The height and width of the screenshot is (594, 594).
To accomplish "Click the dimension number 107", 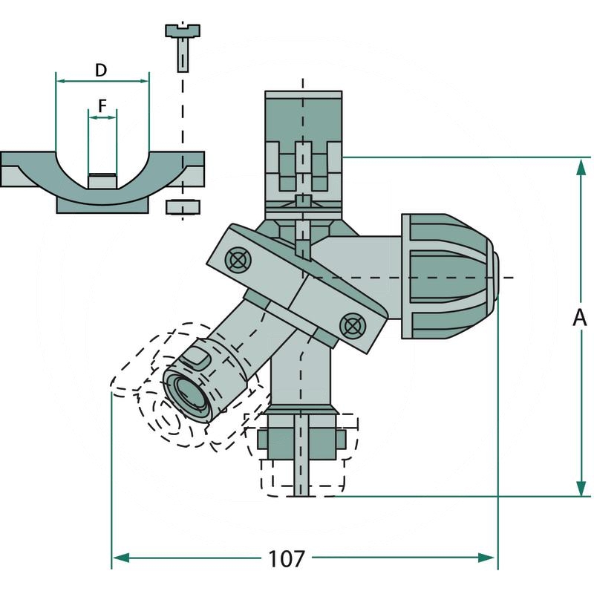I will [287, 557].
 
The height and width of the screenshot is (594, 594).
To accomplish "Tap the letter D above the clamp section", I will [102, 71].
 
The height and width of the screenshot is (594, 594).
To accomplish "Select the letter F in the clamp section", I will [102, 105].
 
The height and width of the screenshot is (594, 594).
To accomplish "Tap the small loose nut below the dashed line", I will [181, 205].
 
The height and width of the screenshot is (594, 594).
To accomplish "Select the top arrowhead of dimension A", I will [581, 164].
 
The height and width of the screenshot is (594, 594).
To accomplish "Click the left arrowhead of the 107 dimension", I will [119, 557].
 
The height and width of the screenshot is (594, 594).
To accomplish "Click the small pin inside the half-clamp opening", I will [102, 180].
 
